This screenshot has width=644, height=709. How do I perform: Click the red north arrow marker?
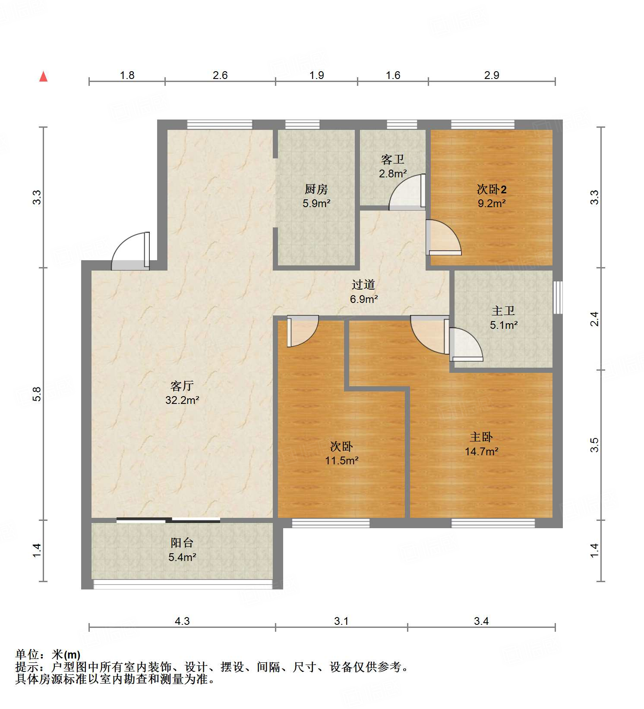pyautogui.click(x=43, y=76)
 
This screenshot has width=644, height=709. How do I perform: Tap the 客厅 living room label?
pyautogui.click(x=182, y=385)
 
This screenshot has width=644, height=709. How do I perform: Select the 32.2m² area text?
pyautogui.click(x=182, y=400)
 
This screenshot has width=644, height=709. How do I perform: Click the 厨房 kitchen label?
pyautogui.click(x=316, y=189)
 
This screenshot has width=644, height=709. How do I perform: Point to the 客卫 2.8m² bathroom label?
pyautogui.click(x=393, y=166)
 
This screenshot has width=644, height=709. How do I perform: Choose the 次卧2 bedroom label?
pyautogui.click(x=491, y=189)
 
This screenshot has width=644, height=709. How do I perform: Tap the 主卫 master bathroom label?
pyautogui.click(x=503, y=311)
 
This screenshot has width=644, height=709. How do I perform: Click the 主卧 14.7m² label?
pyautogui.click(x=481, y=444)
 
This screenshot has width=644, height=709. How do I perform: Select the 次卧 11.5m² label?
pyautogui.click(x=341, y=453)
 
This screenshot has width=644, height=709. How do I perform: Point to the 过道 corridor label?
pyautogui.click(x=363, y=284)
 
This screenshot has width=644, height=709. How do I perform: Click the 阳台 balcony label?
pyautogui.click(x=182, y=542)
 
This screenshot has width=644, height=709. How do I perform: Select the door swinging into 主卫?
pyautogui.click(x=465, y=344)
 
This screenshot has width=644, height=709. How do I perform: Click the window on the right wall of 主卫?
pyautogui.click(x=558, y=297)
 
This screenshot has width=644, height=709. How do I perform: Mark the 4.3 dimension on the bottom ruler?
pyautogui.click(x=182, y=621)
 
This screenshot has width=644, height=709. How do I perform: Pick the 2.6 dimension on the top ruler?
pyautogui.click(x=220, y=76)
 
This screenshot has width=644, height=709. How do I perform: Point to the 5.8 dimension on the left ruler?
pyautogui.click(x=37, y=394)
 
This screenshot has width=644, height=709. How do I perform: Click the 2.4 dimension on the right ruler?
pyautogui.click(x=595, y=318)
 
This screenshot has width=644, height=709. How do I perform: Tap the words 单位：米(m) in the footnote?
pyautogui.click(x=47, y=655)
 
